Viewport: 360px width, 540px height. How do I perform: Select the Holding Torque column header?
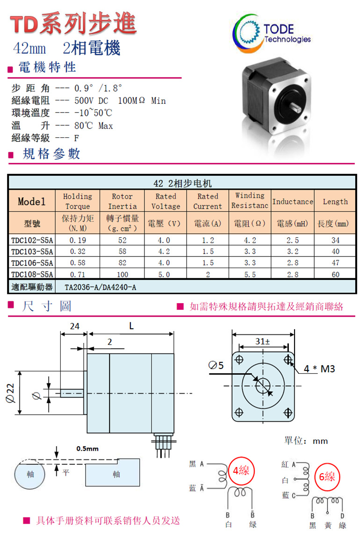pos(78,201)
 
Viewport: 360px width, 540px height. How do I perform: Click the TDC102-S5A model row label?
pos(32,241)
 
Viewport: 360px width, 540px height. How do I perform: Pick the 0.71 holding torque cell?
pos(78,274)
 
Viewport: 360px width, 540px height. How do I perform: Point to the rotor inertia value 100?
pos(122,274)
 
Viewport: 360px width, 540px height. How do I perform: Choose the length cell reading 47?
pos(335,263)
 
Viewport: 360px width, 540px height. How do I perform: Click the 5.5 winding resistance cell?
pos(250,274)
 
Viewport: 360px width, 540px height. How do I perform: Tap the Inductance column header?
pos(293,201)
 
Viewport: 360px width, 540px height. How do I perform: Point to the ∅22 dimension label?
pos(10,392)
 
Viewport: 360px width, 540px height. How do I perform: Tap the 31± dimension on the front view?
pos(263,341)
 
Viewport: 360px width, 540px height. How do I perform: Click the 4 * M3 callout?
pos(319,369)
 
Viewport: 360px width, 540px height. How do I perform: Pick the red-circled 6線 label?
pos(327,477)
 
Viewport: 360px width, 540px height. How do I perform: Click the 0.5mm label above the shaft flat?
pos(87,449)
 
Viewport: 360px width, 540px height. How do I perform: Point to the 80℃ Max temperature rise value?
pos(94,126)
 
